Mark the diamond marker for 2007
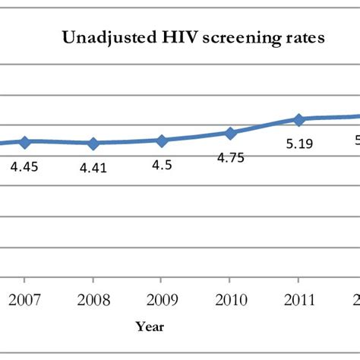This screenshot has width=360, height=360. (x=24, y=142)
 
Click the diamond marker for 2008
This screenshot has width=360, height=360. (x=93, y=144)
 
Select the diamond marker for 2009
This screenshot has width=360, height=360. (x=162, y=141)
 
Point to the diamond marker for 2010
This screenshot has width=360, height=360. (x=230, y=133)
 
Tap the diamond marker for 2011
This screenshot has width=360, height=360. (x=299, y=119)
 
